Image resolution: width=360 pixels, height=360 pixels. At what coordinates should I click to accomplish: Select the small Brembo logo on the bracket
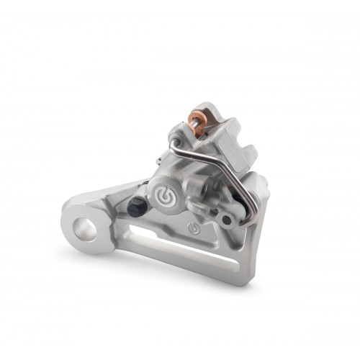tap(192, 228)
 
